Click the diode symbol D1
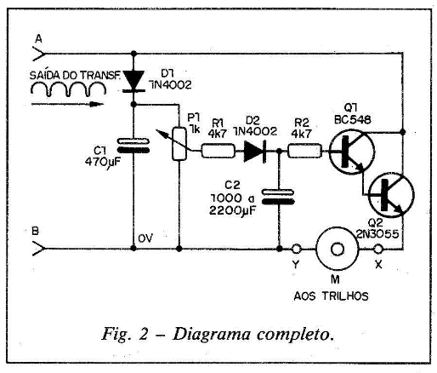(x=133, y=81)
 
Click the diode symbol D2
(x=255, y=151)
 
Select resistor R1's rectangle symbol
(x=218, y=151)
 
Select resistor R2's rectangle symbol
(x=305, y=151)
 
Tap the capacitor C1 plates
(x=133, y=146)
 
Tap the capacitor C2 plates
(x=278, y=197)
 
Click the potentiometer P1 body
(x=179, y=144)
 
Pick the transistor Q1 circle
(x=352, y=152)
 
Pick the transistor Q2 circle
(x=391, y=195)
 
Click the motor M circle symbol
(x=338, y=249)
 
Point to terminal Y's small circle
(x=296, y=249)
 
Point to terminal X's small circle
(x=378, y=250)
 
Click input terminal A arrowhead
(x=39, y=54)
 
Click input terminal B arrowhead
(x=39, y=249)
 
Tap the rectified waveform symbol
(x=68, y=89)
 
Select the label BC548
(x=353, y=120)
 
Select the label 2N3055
(x=377, y=234)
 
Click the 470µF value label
(x=103, y=163)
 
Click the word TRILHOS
(x=345, y=296)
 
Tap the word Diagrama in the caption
(x=212, y=335)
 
